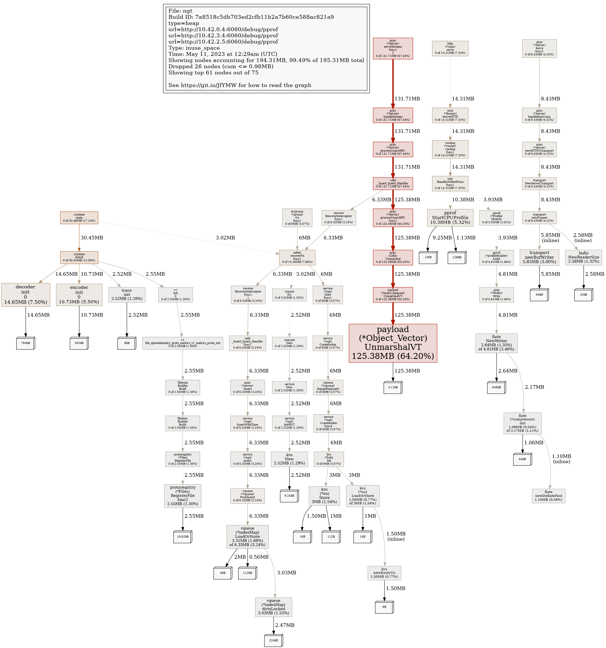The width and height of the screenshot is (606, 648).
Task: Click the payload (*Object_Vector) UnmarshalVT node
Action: pos(393,343)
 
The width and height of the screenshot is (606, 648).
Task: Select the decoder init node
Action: pos(25,294)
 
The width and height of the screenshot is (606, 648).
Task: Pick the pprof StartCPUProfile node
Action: pos(450,217)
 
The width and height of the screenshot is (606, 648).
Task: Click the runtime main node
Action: pos(79,218)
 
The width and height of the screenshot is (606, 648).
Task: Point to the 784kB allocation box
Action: pos(25,343)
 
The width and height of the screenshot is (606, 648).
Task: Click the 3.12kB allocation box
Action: pos(393,387)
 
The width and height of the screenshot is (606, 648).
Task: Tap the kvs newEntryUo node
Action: pos(384,573)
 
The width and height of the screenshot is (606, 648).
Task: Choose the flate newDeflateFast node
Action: pos(548,496)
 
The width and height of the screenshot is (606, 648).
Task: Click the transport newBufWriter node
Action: pos(539,257)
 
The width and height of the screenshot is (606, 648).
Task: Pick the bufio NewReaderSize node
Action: pos(584,257)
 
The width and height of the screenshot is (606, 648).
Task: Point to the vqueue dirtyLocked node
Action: pos(273,607)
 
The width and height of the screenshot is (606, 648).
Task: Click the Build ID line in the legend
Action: pos(251,17)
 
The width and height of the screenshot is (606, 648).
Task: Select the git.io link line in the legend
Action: pos(240,85)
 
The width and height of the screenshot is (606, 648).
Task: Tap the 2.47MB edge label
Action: pos(284,625)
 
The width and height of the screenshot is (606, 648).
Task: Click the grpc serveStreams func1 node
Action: pos(393,49)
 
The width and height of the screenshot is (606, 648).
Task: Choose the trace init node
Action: pos(127,294)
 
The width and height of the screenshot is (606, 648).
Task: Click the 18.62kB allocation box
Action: pos(183,536)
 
